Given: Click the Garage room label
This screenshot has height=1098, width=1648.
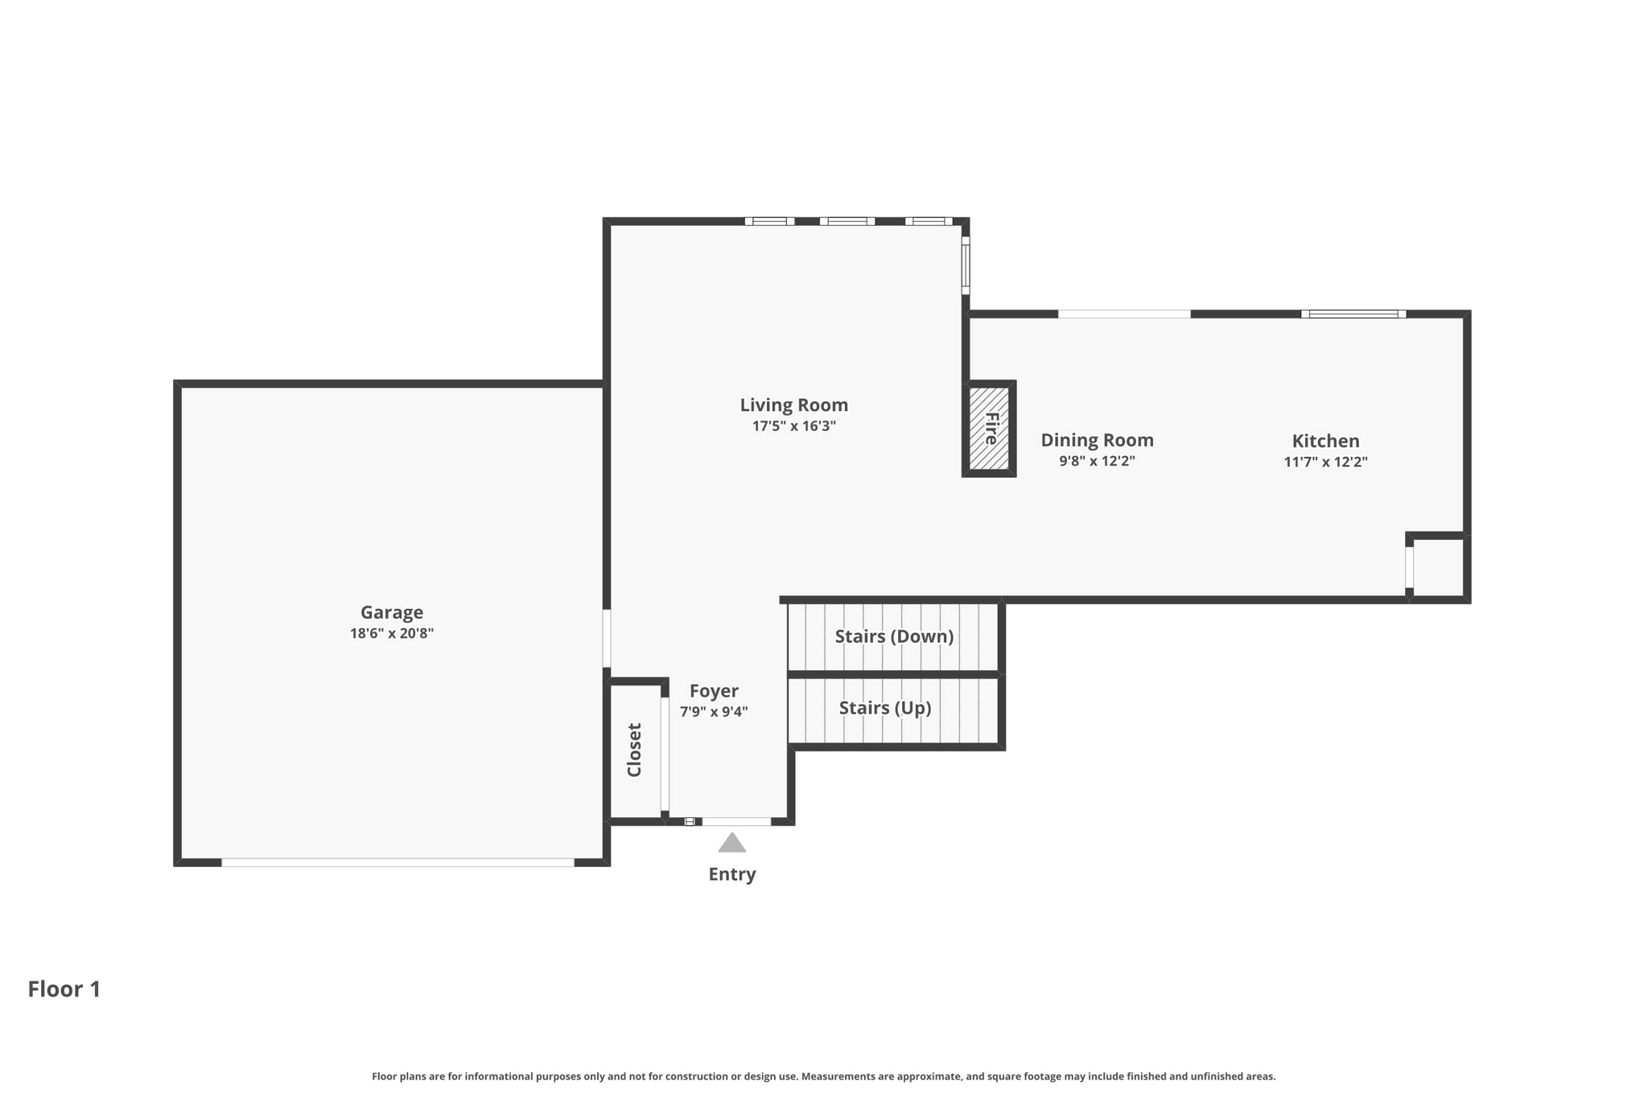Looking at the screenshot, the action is (391, 612).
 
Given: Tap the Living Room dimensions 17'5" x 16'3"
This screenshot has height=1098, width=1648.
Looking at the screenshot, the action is (794, 426).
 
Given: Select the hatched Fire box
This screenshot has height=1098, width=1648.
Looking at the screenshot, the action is (989, 429).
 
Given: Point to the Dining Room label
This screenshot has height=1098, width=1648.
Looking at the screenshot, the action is (1097, 440).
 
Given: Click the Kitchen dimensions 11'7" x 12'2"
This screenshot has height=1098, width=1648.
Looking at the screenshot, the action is (1325, 462).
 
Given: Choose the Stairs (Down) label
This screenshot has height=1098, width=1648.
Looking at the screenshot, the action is (894, 636).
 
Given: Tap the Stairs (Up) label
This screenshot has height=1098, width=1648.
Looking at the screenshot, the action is (885, 708).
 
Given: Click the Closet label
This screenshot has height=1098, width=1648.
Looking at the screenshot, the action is (634, 750).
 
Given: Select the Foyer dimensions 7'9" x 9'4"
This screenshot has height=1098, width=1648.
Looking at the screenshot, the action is (714, 712).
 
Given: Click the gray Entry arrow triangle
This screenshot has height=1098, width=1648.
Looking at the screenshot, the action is (731, 843).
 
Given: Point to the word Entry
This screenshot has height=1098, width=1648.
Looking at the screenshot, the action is (731, 874).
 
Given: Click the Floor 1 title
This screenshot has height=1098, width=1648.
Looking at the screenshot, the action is (64, 989).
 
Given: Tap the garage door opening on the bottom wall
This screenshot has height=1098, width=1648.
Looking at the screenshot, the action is (398, 862).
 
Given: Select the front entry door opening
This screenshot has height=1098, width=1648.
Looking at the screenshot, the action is (736, 821).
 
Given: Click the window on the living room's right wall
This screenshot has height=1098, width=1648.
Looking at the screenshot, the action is (966, 265).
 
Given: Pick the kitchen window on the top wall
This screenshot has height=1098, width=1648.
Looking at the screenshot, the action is (1353, 314).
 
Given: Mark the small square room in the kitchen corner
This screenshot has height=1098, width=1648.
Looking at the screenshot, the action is (1438, 567).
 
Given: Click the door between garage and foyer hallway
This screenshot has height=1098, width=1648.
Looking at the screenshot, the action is (607, 639).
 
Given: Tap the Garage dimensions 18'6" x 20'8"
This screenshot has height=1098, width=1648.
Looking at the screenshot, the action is (392, 634).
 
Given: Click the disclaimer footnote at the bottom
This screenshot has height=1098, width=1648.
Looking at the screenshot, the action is (824, 1076).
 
